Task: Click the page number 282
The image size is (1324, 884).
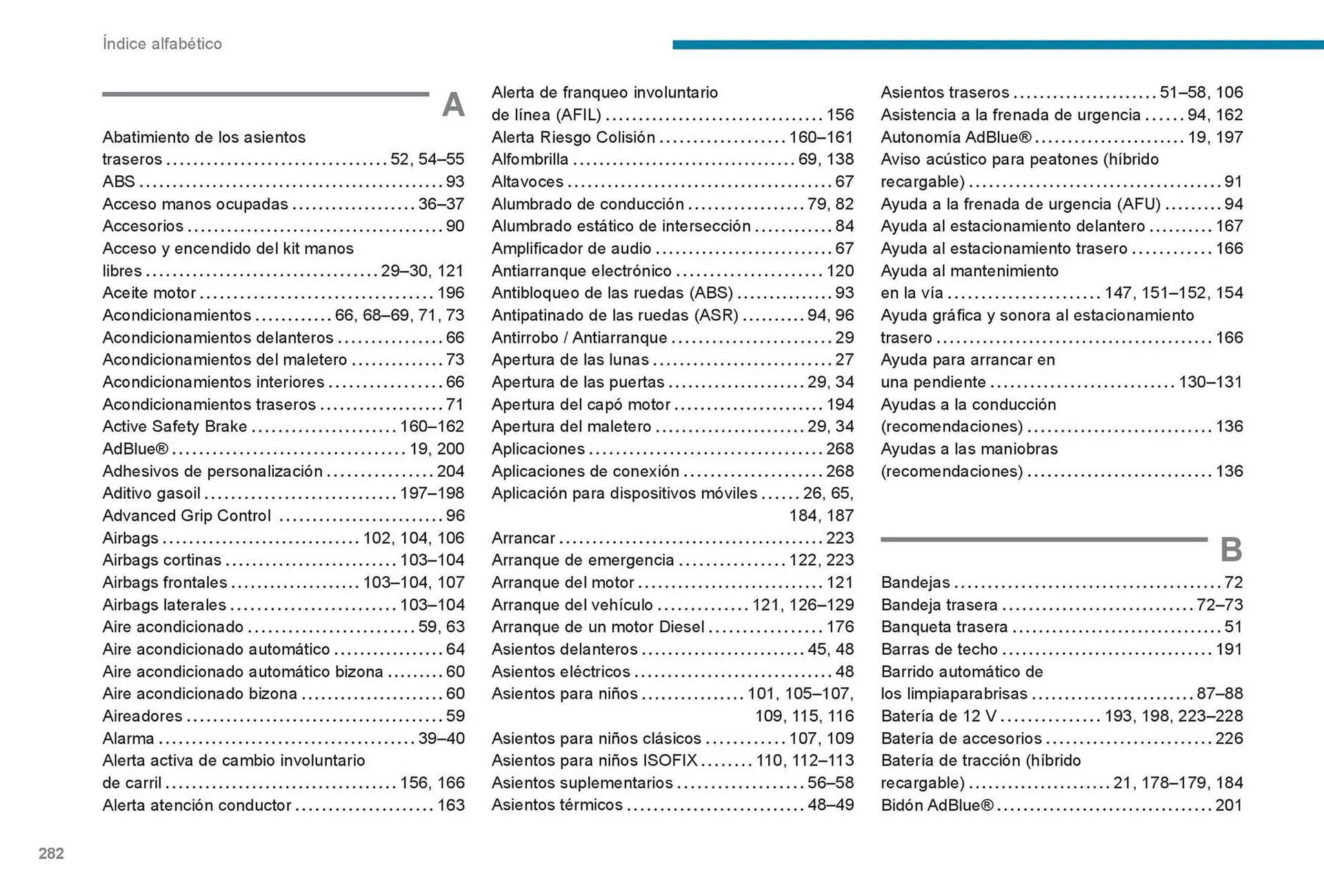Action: pos(51,854)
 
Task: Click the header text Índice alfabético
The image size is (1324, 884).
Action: pos(162,43)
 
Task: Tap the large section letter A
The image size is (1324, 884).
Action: pos(453,105)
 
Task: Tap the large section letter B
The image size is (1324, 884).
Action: pos(1231,550)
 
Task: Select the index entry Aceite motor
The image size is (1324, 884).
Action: pos(149,293)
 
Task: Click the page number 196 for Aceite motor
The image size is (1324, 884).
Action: pos(451,293)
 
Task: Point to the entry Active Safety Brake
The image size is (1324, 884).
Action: pos(174,426)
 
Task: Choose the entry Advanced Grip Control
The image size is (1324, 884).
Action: pos(186,515)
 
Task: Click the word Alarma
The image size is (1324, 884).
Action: pos(128,738)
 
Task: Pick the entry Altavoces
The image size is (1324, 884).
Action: pos(528,181)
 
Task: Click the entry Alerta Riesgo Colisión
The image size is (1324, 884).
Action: pos(573,137)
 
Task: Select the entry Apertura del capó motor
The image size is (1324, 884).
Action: pos(581,404)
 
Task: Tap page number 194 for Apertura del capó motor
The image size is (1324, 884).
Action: pos(840,404)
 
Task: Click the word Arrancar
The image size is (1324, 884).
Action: pos(523,538)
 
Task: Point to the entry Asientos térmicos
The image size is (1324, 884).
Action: pos(557,805)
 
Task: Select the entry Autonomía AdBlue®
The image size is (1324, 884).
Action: pos(956,137)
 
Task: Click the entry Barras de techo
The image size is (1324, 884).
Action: pos(939,649)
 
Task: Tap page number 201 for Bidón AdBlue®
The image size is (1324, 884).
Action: pos(1229,805)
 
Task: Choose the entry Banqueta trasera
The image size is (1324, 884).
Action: pos(944,627)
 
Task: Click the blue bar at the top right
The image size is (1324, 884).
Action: pos(997,45)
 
